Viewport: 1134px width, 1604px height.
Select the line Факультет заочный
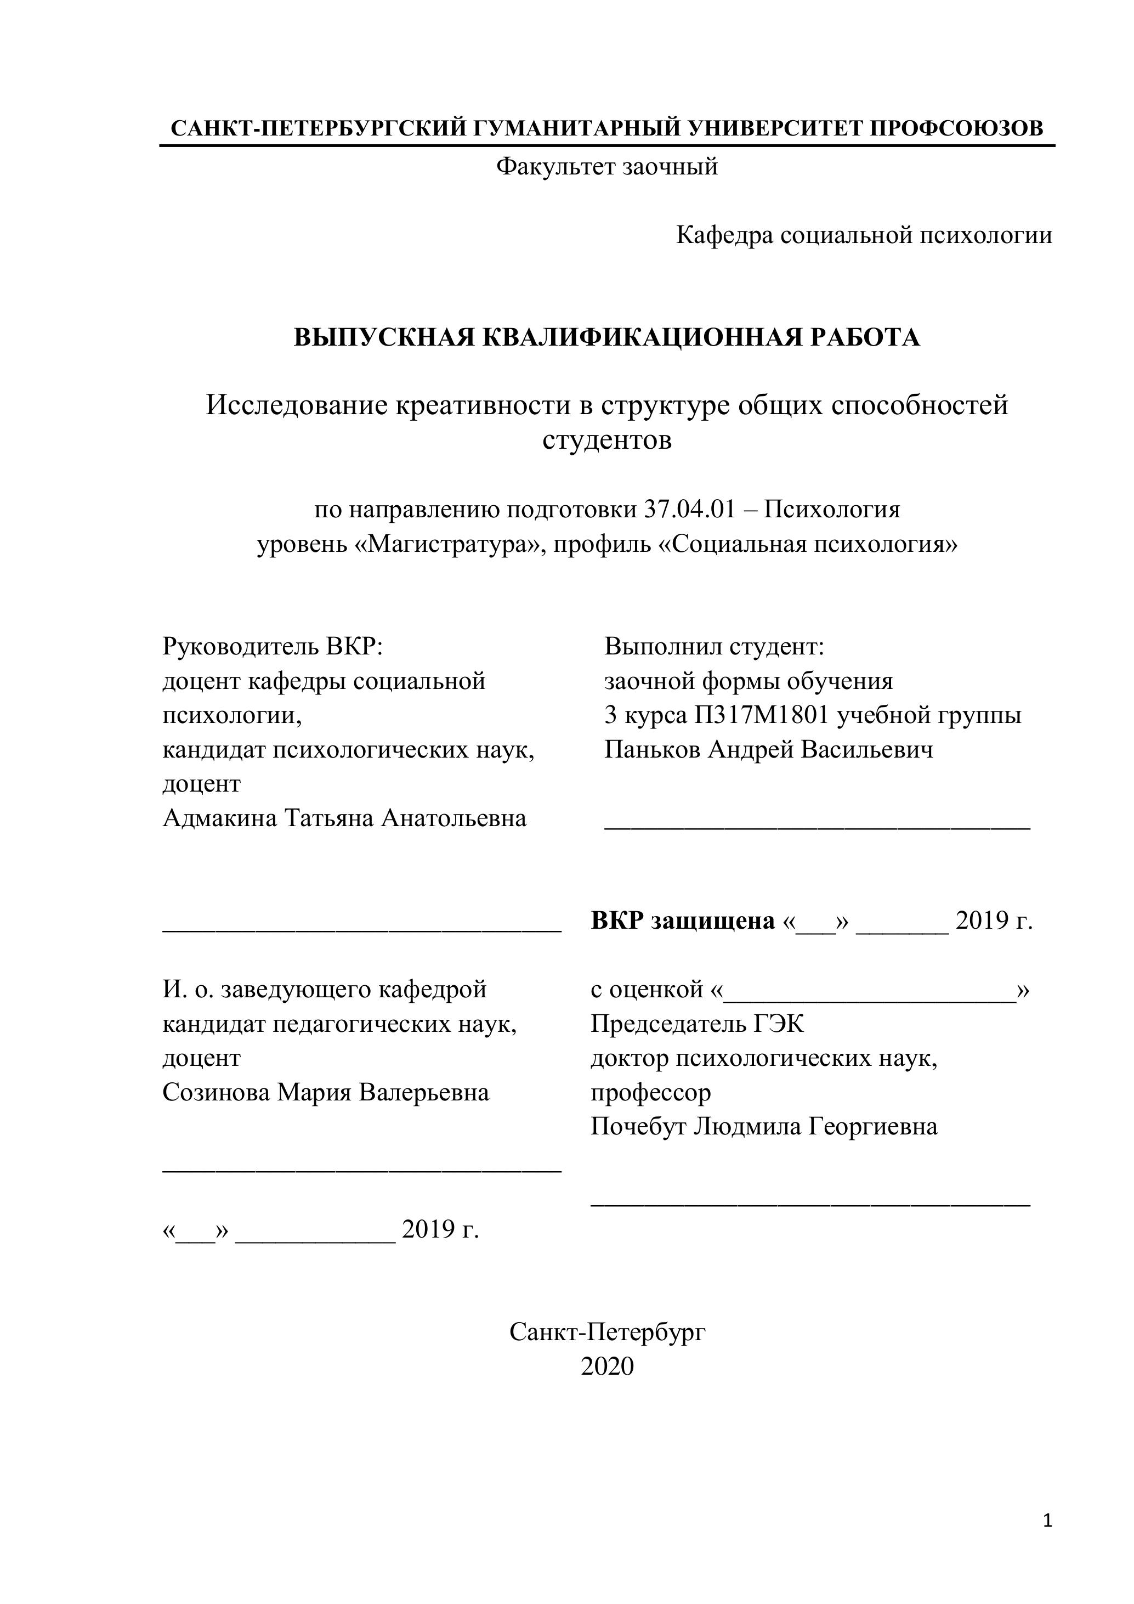607,167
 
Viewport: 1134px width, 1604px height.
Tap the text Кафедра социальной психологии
864,235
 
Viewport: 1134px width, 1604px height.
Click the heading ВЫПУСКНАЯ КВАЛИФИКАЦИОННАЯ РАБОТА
607,337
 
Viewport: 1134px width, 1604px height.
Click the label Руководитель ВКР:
273,646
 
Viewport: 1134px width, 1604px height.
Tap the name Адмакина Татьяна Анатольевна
344,817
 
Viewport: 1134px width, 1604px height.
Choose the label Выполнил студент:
715,646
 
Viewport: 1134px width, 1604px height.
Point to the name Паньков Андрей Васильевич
768,749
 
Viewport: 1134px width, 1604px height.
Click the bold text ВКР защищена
682,920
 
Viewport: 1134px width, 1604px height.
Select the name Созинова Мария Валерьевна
325,1092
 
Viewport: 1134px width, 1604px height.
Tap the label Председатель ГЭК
697,1024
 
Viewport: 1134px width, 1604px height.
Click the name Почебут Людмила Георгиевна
764,1126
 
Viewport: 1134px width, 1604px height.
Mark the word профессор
651,1092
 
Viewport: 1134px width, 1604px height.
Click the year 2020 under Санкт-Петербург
607,1366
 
